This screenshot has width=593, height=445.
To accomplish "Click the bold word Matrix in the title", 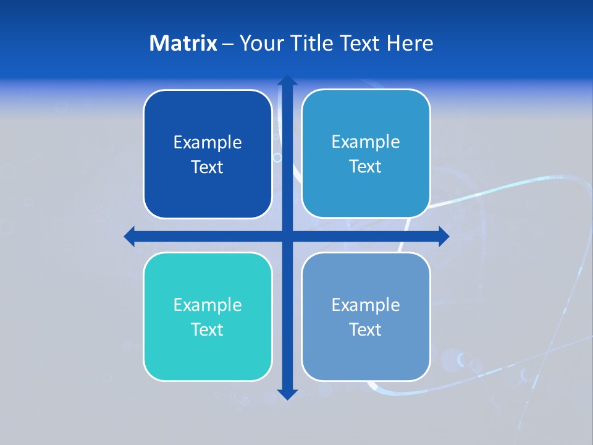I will tap(183, 43).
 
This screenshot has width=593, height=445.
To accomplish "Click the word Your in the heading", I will tap(259, 43).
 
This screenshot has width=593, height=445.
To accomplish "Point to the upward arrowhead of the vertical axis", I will tap(287, 80).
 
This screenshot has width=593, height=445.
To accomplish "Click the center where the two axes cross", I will tap(287, 236).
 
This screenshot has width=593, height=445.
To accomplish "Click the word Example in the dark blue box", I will tap(208, 143).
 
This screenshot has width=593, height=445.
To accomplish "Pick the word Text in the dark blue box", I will tap(208, 167).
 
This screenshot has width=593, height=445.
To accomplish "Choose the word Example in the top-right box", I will tap(366, 142).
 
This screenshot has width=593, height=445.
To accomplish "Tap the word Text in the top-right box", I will tap(366, 167).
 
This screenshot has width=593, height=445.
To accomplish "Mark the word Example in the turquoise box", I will tap(208, 305).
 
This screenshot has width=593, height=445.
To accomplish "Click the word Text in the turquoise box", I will tap(208, 330).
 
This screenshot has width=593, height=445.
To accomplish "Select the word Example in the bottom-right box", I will tap(366, 305).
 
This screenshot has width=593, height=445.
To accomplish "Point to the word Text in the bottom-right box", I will tap(366, 330).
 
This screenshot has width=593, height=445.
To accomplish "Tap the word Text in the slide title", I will tap(360, 43).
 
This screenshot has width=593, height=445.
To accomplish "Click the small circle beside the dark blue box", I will tap(277, 158).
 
